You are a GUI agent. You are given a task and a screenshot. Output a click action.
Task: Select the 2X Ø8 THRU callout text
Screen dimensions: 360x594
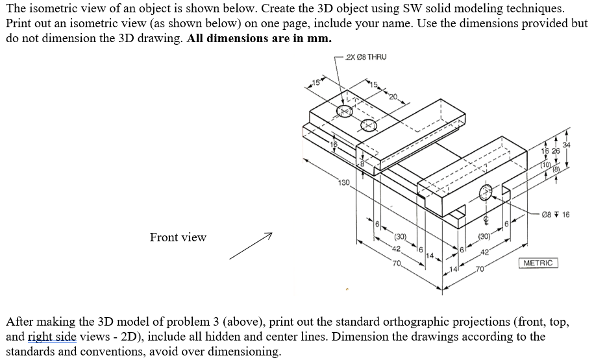pyautogui.click(x=367, y=57)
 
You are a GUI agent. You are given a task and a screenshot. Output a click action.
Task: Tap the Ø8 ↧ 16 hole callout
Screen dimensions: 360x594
pyautogui.click(x=556, y=215)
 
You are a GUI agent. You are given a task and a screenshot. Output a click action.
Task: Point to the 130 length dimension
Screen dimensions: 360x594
pyautogui.click(x=344, y=182)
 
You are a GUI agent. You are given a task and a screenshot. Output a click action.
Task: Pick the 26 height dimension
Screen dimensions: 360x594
pyautogui.click(x=556, y=152)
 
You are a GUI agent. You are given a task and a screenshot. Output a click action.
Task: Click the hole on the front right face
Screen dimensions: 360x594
pyautogui.click(x=486, y=192)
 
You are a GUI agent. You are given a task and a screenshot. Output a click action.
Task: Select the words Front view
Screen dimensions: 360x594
pyautogui.click(x=178, y=237)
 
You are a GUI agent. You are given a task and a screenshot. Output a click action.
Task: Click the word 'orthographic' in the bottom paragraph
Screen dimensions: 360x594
pyautogui.click(x=428, y=322)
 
